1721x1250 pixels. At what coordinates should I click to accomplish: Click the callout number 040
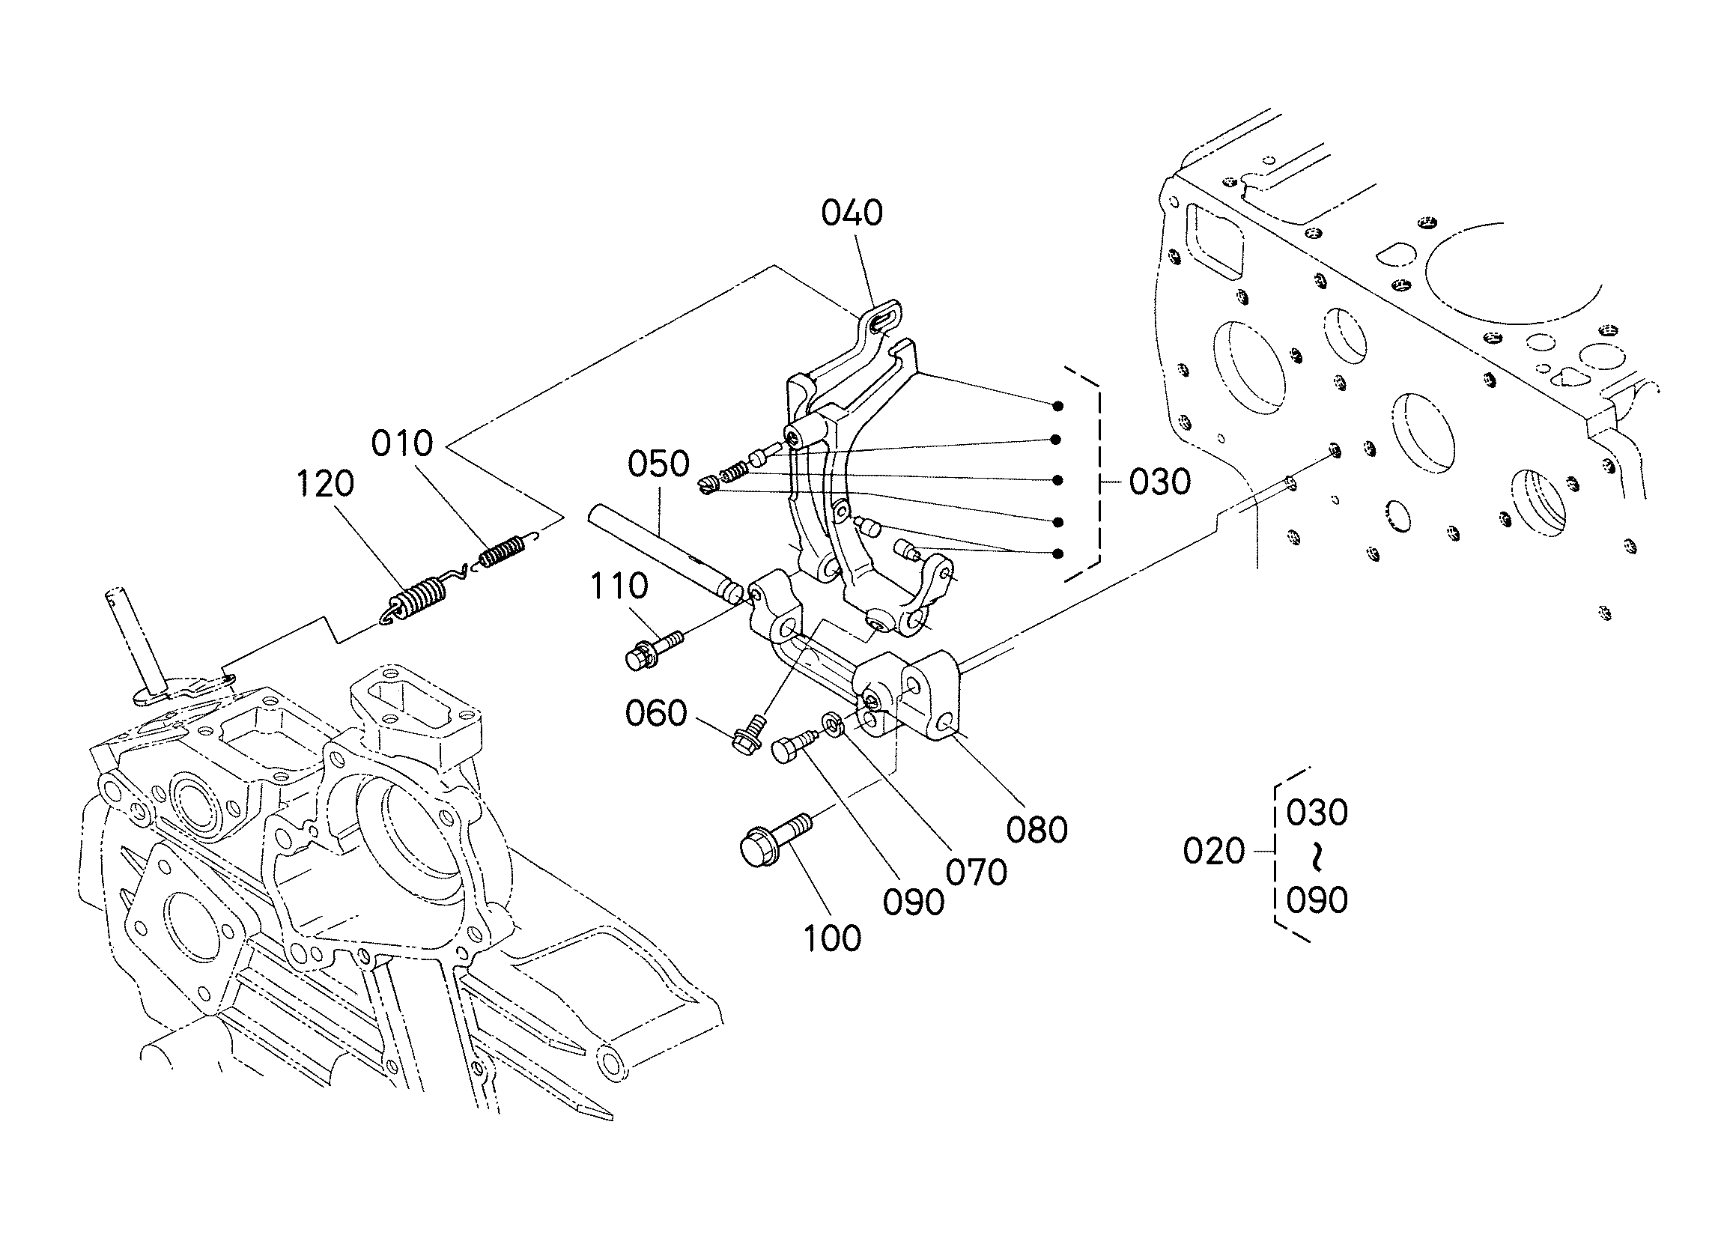tap(852, 213)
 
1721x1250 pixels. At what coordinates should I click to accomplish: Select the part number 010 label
tap(402, 443)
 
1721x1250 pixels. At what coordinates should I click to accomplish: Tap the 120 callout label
tap(325, 485)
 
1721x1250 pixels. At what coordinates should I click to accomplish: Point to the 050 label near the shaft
tap(658, 464)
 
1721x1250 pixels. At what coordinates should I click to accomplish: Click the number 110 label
tap(619, 586)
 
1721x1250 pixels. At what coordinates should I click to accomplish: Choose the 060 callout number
tap(655, 714)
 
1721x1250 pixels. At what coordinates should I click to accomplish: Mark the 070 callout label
tap(977, 873)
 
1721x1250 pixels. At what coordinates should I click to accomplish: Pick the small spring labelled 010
tap(503, 552)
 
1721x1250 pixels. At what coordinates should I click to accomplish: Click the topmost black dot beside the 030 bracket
tap(1057, 406)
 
